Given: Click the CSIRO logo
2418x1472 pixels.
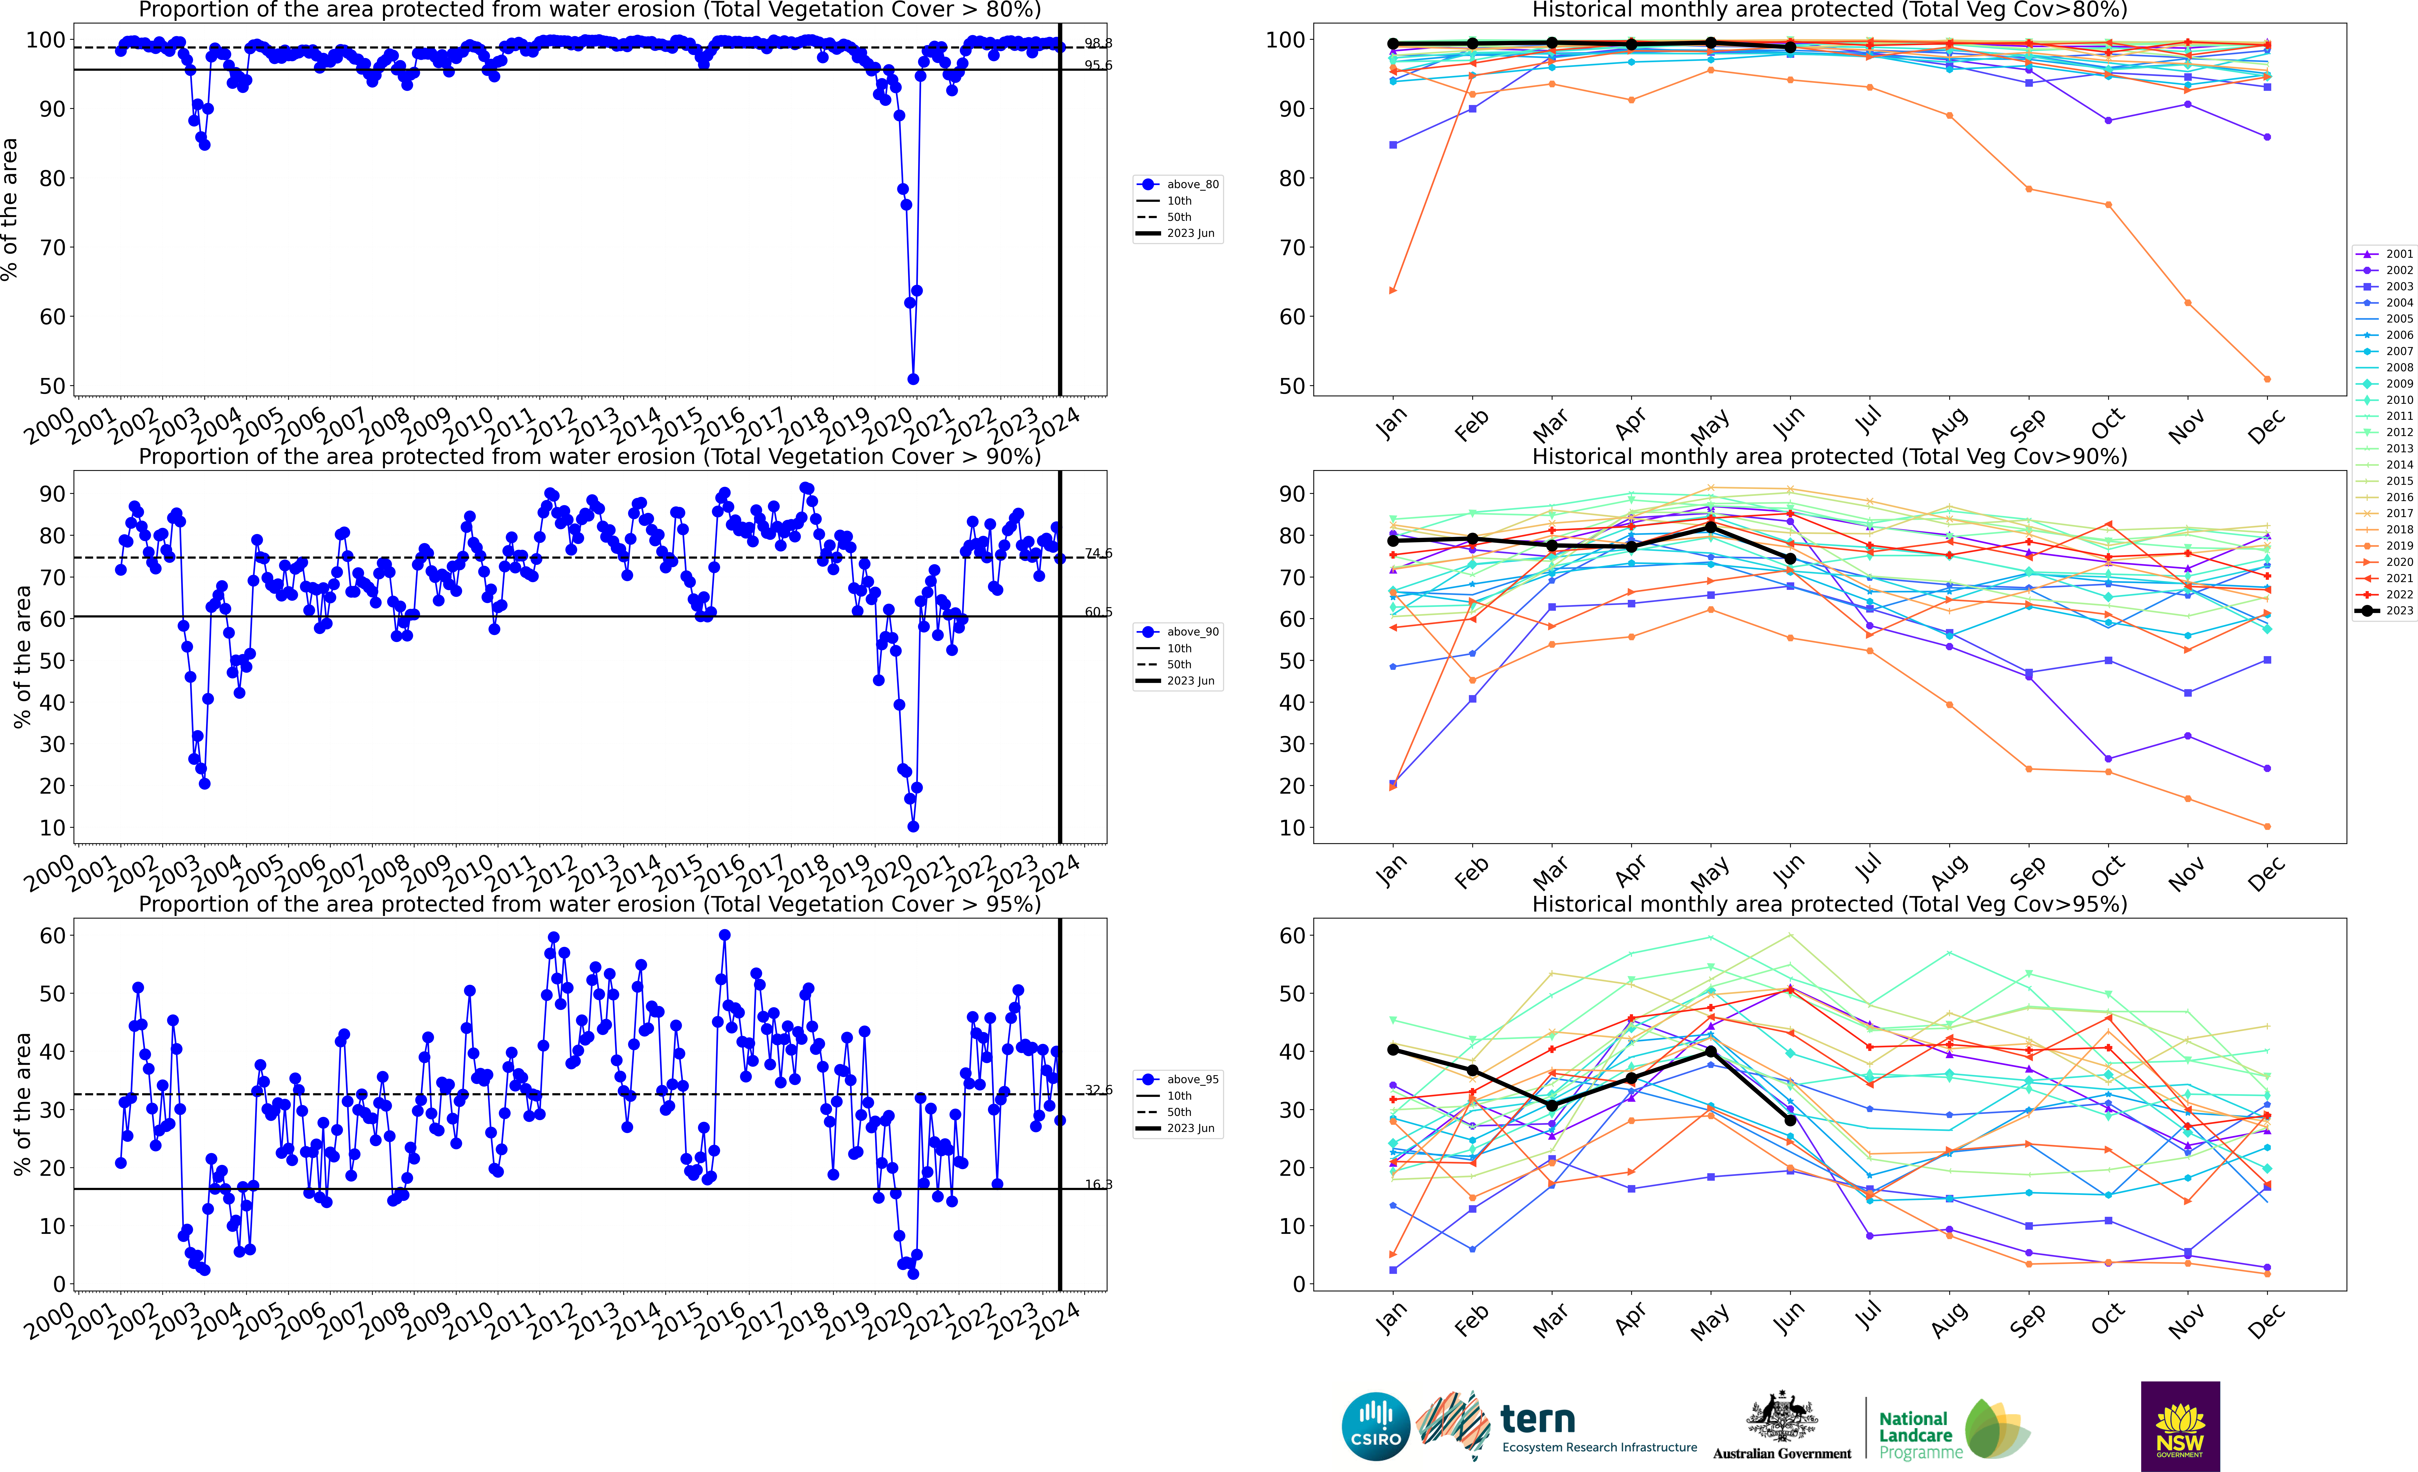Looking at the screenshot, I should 1375,1426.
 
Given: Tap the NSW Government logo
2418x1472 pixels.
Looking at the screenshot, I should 2180,1426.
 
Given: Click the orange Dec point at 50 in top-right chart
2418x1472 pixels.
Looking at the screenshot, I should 2267,379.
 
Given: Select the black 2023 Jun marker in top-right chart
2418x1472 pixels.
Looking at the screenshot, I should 1790,47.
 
